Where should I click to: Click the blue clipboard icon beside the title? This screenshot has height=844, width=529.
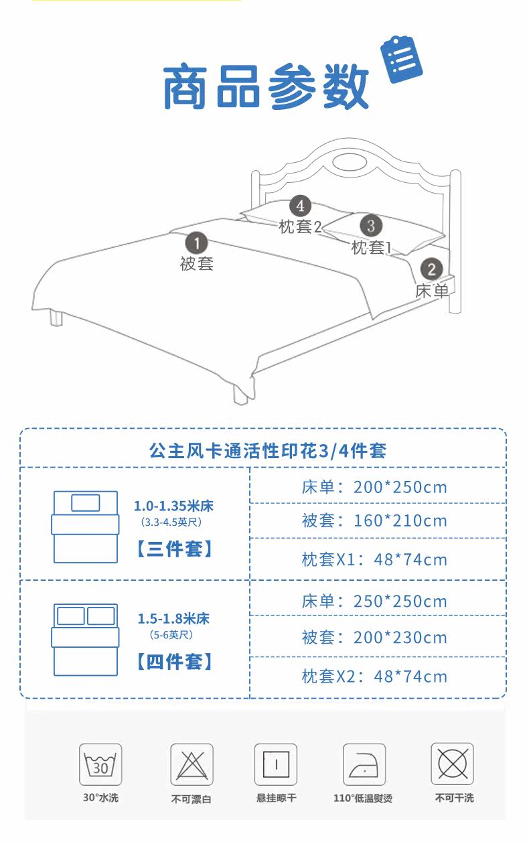coord(401,59)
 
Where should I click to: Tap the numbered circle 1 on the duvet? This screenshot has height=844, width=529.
coord(196,242)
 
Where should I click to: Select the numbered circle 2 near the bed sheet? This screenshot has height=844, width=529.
coord(432,269)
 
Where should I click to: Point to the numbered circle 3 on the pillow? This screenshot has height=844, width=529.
coord(371,224)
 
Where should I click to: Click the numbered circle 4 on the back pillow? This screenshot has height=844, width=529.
coord(300,206)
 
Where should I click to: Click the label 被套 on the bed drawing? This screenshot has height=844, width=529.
coord(196,263)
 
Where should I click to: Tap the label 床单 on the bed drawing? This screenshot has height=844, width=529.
coord(432,291)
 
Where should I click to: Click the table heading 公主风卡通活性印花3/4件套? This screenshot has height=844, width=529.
coord(267,449)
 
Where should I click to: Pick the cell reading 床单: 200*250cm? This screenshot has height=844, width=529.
coord(374,486)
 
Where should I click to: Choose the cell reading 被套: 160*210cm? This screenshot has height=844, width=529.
coord(374,520)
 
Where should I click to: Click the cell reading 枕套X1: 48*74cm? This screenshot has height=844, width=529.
coord(374,559)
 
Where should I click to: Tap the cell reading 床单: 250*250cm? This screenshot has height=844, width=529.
coord(374,601)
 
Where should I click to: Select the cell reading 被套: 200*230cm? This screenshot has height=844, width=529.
coord(374,636)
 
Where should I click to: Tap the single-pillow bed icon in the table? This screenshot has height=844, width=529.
coord(86,526)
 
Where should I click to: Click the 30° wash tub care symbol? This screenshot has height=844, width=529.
coord(100,764)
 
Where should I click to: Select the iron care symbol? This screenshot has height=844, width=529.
coord(364,764)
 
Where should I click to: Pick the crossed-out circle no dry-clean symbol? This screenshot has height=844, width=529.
coord(452,764)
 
